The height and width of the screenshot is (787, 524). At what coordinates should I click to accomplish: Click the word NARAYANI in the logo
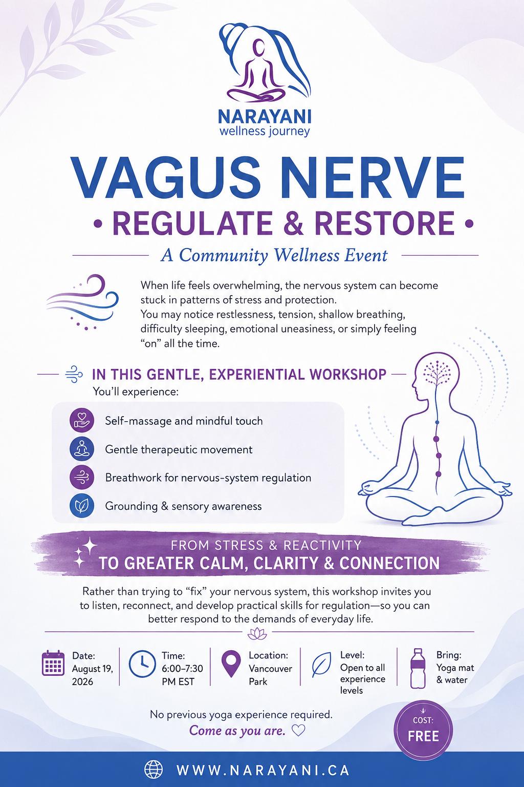264,117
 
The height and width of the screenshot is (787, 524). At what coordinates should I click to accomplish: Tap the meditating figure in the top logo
256,72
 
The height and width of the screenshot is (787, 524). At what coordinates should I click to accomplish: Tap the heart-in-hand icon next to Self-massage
82,420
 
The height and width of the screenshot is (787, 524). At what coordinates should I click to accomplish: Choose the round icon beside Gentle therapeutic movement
82,449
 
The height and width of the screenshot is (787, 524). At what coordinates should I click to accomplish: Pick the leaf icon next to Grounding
82,506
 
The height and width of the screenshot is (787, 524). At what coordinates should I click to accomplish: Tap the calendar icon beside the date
53,663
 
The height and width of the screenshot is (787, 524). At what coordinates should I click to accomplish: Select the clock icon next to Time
142,664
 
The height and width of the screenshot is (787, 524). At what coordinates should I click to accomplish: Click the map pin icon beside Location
231,663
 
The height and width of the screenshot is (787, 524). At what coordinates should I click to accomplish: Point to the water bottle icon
418,668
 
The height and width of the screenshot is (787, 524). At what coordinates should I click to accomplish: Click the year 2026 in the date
82,682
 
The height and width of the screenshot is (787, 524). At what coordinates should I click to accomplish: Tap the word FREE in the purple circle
423,736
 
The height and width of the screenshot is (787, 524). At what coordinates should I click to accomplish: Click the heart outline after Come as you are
298,731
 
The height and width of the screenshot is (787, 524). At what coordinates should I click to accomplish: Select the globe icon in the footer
154,770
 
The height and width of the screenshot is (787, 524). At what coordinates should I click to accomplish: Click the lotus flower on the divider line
257,634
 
